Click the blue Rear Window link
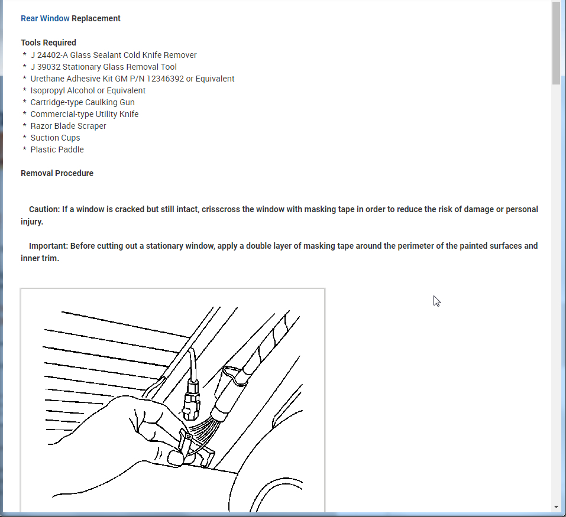coord(45,18)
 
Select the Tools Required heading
coord(48,43)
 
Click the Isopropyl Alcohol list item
coord(88,90)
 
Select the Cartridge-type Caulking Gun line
coord(82,102)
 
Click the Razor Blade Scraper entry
coord(68,126)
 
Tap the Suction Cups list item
coord(55,138)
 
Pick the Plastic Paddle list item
coord(57,149)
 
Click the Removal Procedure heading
coord(57,173)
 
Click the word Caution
coord(44,209)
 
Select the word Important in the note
coord(48,246)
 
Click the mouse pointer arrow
coord(436,301)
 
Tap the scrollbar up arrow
coord(556,5)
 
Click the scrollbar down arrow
coord(556,507)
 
